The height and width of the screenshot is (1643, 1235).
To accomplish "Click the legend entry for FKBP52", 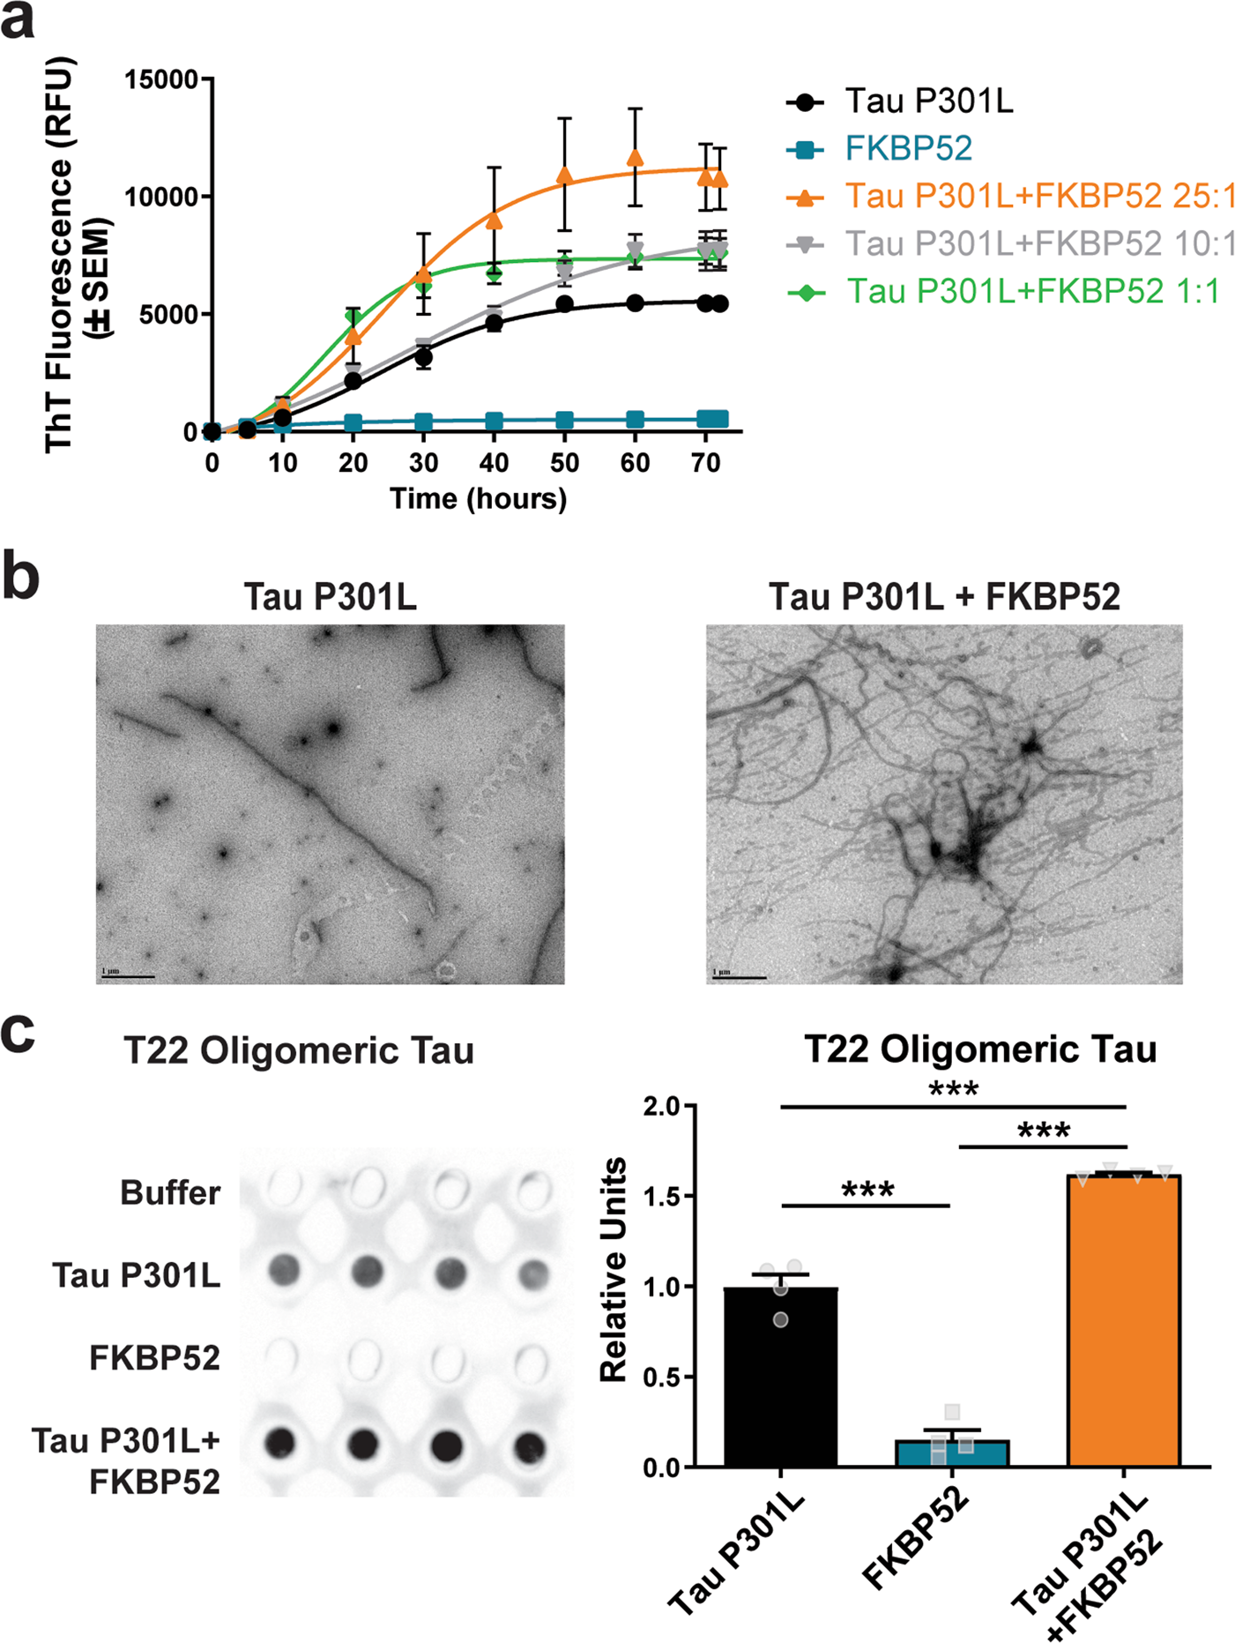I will coord(908,148).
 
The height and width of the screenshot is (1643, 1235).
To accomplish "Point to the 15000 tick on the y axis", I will coord(161,79).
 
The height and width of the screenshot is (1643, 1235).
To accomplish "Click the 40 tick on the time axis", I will coord(494,463).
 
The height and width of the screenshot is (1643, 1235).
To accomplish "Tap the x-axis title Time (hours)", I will coord(479,499).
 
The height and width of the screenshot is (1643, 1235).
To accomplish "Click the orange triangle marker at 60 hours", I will coord(635,159).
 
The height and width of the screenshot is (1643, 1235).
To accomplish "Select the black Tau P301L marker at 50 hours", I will coord(565,304).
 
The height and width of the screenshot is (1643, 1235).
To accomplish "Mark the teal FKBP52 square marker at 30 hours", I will coord(424,422).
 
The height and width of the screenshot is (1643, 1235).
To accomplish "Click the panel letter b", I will coord(21,578).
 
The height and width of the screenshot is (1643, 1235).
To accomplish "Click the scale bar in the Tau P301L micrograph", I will coord(129,976).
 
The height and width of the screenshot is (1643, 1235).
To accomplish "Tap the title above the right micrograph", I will coord(944,597).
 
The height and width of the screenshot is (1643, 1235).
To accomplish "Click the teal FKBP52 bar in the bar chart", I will coord(952,1453).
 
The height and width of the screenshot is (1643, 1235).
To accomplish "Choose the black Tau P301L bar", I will coord(780,1377).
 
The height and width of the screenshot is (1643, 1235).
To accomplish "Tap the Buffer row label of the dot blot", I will coord(170,1192).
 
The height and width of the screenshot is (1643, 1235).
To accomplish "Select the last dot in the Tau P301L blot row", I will coord(532,1273).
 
